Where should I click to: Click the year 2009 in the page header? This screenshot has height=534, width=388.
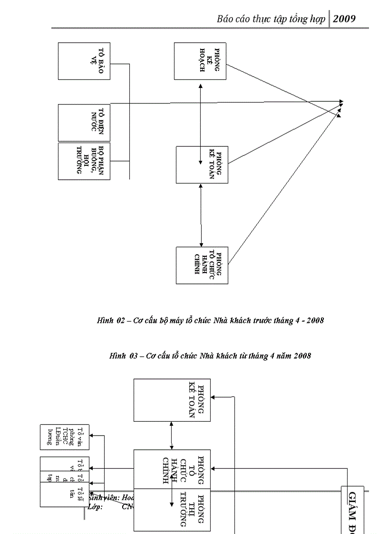click(344, 19)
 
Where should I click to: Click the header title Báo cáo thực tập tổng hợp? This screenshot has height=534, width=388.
click(271, 19)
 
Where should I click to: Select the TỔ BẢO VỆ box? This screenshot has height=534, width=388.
click(84, 61)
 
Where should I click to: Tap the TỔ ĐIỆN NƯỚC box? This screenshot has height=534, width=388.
click(84, 122)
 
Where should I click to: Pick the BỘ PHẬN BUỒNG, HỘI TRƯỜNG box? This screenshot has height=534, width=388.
click(84, 161)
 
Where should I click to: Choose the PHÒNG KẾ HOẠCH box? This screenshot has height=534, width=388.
click(200, 61)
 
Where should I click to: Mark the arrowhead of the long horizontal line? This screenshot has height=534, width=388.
click(341, 102)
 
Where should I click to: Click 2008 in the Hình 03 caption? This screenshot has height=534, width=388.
click(302, 356)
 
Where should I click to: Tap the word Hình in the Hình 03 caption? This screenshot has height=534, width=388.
click(116, 356)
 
